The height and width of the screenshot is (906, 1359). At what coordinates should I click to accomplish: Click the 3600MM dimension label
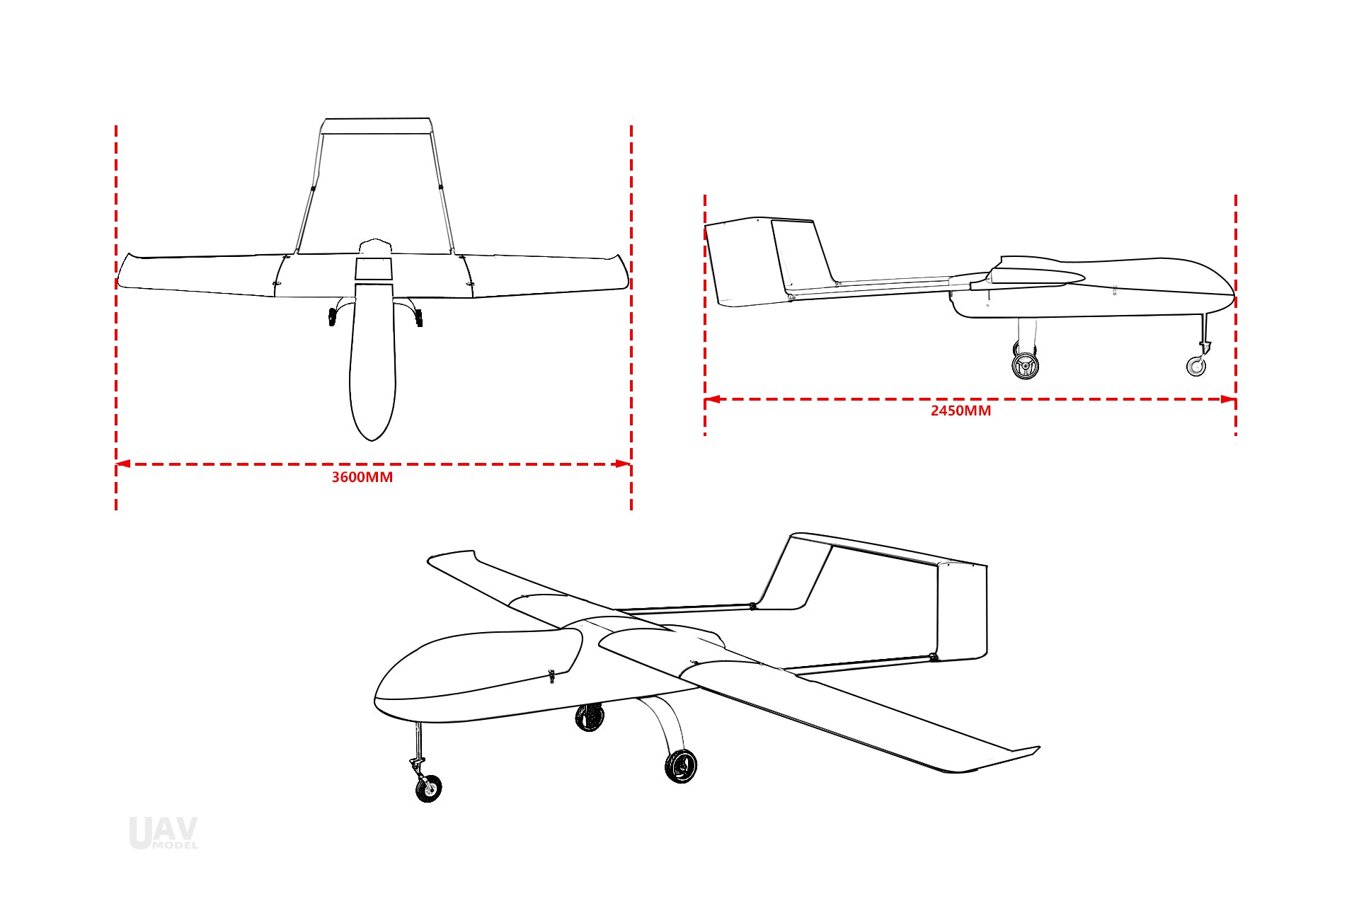tap(362, 477)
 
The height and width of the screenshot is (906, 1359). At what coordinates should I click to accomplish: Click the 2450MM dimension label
tap(961, 411)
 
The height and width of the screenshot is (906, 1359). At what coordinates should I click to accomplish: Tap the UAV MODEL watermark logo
tap(164, 833)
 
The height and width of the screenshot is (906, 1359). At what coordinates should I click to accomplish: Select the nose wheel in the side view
tap(1196, 366)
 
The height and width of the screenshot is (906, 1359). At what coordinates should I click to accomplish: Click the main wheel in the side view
tap(1025, 365)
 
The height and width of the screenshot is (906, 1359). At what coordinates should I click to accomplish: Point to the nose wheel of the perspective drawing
tap(428, 788)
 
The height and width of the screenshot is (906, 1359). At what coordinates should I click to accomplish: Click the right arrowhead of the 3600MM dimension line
tap(624, 464)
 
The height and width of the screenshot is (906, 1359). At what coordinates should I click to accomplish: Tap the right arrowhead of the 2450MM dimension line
tap(1228, 399)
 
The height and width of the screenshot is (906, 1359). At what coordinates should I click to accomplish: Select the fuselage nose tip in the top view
tap(372, 440)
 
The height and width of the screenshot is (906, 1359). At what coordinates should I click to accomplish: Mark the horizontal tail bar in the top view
tap(376, 126)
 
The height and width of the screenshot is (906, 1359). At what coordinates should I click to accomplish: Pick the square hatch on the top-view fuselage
tap(373, 269)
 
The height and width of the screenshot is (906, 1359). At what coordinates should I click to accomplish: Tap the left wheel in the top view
tap(332, 317)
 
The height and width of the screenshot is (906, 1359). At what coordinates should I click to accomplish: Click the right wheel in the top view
tap(419, 318)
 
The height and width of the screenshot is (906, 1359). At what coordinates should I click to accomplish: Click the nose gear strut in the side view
tap(1203, 333)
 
